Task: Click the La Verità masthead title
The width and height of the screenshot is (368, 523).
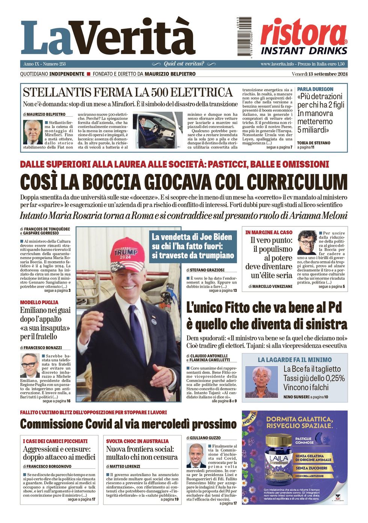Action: click(108, 38)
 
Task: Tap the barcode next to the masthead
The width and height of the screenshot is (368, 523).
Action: click(244, 36)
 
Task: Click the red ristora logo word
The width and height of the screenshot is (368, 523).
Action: click(303, 33)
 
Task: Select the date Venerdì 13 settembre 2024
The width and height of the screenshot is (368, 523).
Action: click(320, 74)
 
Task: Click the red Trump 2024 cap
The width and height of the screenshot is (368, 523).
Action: click(128, 254)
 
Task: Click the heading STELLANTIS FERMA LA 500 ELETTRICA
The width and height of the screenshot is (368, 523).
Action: click(128, 92)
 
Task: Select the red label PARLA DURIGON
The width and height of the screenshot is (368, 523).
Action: click(315, 89)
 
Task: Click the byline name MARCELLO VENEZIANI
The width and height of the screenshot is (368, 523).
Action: click(272, 287)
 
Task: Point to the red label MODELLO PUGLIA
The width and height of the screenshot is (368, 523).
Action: click(39, 302)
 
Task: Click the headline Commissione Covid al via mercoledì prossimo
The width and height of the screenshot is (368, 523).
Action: click(128, 424)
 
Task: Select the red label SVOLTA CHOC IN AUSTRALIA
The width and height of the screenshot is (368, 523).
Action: click(137, 441)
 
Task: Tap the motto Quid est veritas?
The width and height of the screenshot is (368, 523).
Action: click(184, 64)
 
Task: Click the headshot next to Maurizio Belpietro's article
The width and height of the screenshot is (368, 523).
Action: click(33, 132)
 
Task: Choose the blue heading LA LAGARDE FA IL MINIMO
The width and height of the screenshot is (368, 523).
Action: click(294, 360)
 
